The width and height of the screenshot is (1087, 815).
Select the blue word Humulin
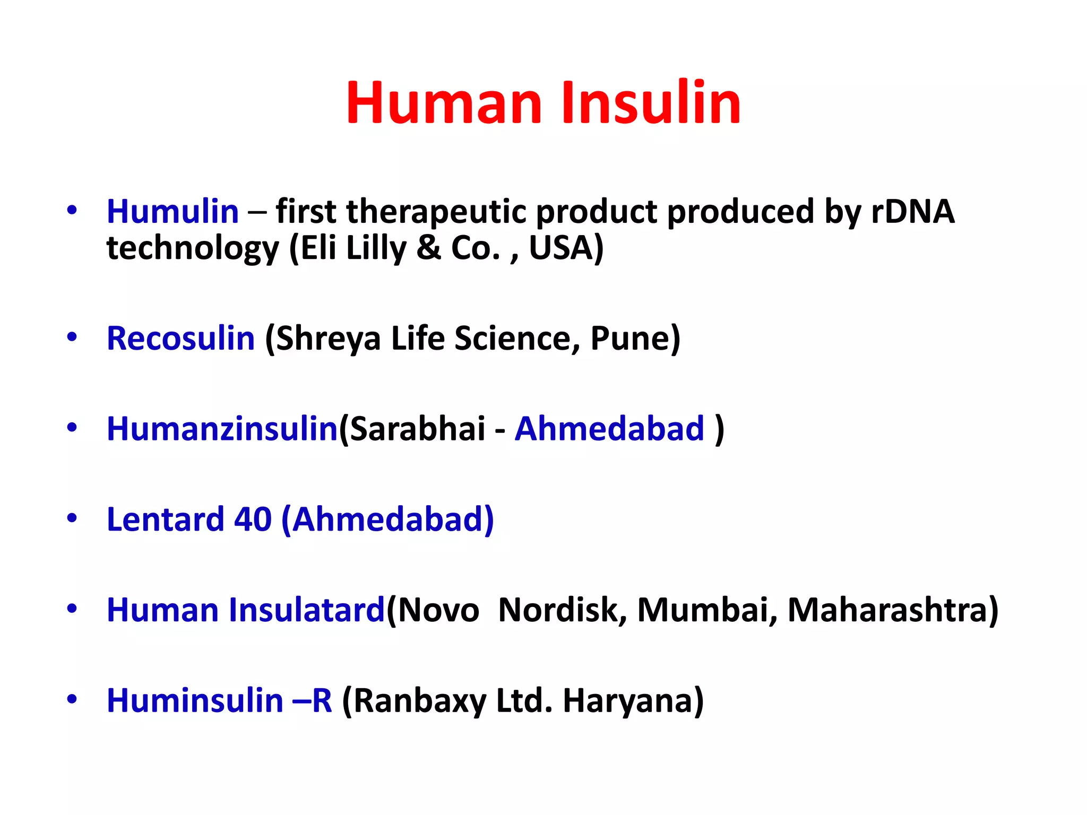coord(172,212)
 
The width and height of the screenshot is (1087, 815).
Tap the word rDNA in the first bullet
coord(912,212)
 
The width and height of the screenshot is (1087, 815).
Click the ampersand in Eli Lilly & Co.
coord(429,248)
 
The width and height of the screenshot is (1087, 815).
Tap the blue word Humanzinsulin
coord(222,429)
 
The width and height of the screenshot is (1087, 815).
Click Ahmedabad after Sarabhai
coord(609,429)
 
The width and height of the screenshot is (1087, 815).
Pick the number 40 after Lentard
coord(253,519)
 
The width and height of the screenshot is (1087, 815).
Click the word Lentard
coord(165,519)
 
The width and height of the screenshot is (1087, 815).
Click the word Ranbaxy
coord(419,700)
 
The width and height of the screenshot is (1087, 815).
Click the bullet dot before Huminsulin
coord(72,699)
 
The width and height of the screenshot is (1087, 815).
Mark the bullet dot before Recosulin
coord(72,337)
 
